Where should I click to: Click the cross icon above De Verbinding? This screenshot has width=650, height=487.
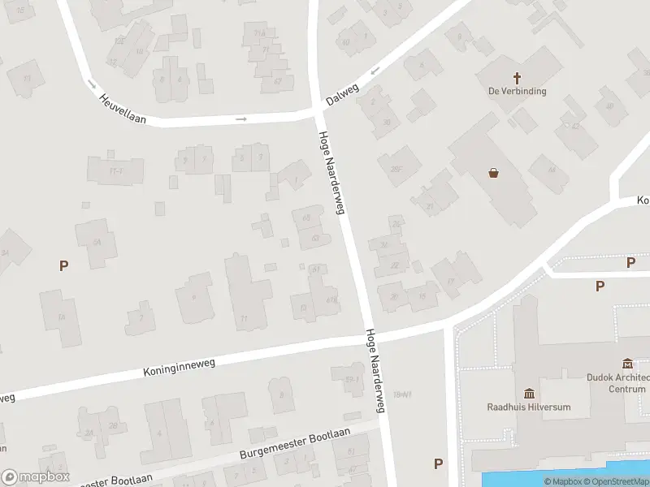click(517, 78)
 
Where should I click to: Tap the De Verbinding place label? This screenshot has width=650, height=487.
click(517, 92)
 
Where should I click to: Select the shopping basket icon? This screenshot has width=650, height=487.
click(493, 172)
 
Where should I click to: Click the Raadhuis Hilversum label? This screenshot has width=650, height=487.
click(528, 407)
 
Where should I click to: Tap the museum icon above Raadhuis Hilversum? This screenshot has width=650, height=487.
click(529, 394)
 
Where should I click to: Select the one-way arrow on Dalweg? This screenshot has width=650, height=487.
click(375, 71)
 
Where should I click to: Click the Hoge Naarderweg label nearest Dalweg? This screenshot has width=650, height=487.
click(332, 173)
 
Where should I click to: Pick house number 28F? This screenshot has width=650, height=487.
click(396, 169)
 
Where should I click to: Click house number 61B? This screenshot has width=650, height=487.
click(331, 300)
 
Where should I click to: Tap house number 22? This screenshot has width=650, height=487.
click(395, 265)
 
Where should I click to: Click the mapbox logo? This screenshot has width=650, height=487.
click(36, 476)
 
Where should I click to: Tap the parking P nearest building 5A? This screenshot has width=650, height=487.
click(63, 265)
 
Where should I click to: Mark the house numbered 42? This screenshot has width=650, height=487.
click(575, 127)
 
